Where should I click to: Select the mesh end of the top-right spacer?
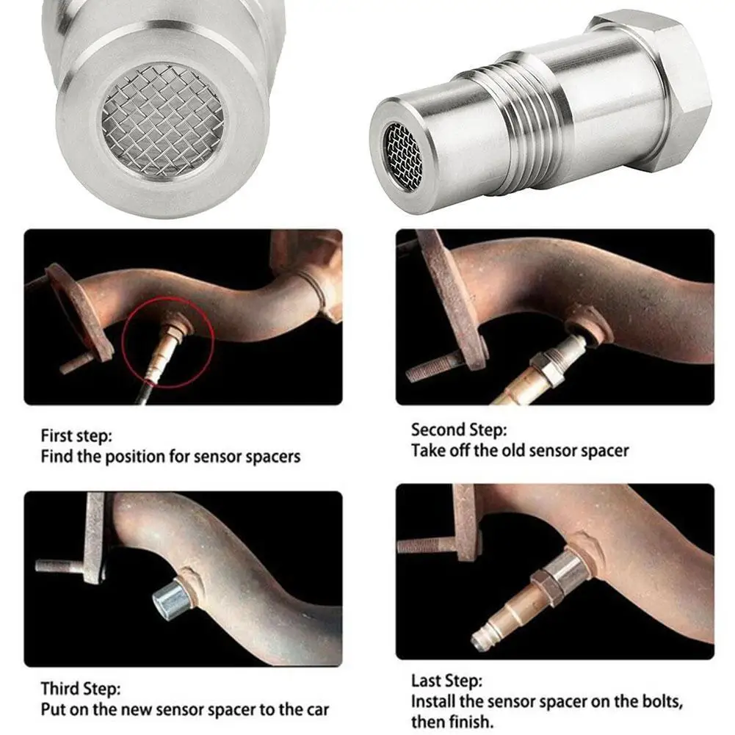pyautogui.click(x=402, y=156)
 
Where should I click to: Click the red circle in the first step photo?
pyautogui.click(x=168, y=342)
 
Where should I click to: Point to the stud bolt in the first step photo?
pyautogui.click(x=77, y=362)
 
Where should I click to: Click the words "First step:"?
pyautogui.click(x=76, y=436)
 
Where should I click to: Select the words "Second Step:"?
pyautogui.click(x=459, y=430)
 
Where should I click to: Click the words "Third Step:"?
pyautogui.click(x=81, y=689)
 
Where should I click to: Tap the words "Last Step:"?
pyautogui.click(x=446, y=680)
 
